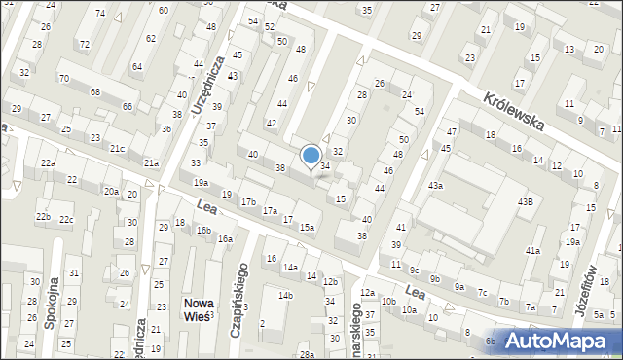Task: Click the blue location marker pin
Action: [x=311, y=156]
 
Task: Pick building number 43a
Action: [x=435, y=185]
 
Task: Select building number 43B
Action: [x=525, y=201]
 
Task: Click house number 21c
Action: [x=117, y=148]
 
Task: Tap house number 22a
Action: [x=48, y=163]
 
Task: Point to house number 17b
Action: [x=249, y=201]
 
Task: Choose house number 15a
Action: [x=307, y=227]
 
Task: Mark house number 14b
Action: [x=285, y=295]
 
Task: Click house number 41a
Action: [x=532, y=251]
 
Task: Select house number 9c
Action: [x=414, y=270]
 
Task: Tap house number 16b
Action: [x=203, y=230]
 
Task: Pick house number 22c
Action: [x=66, y=219]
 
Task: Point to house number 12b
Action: [x=330, y=281]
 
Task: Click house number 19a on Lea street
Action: [x=201, y=182]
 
